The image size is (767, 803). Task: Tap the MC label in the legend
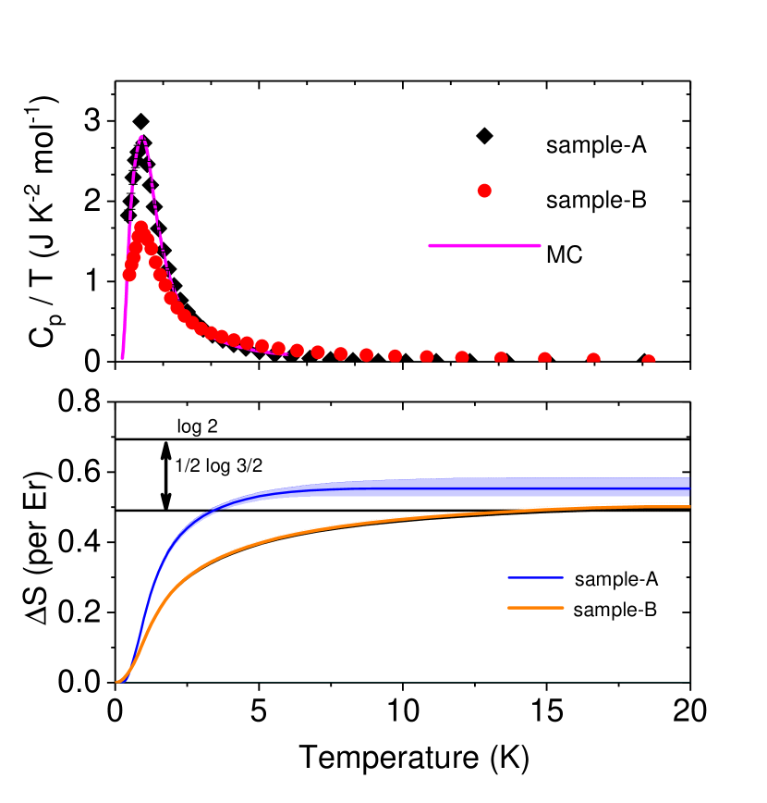[x=565, y=255]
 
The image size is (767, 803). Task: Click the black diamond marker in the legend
[x=483, y=136]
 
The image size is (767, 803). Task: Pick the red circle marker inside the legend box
[x=483, y=191]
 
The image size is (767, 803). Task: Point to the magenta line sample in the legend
[x=483, y=246]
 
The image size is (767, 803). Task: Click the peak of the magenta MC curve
[x=141, y=136]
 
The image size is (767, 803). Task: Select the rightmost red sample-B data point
[x=649, y=362]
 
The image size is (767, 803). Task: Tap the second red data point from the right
[x=593, y=360]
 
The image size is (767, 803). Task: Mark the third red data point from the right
[x=545, y=359]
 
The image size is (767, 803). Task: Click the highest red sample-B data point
[x=140, y=227]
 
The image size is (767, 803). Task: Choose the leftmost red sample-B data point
[x=128, y=274]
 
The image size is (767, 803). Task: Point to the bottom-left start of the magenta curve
[x=122, y=356]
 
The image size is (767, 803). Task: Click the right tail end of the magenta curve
[x=286, y=352]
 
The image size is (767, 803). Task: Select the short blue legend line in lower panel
[x=535, y=577]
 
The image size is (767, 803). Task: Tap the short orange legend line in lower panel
[x=535, y=608]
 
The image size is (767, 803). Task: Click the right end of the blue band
[x=688, y=488]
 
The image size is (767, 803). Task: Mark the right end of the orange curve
[x=689, y=506]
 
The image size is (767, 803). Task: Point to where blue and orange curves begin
[x=117, y=682]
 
